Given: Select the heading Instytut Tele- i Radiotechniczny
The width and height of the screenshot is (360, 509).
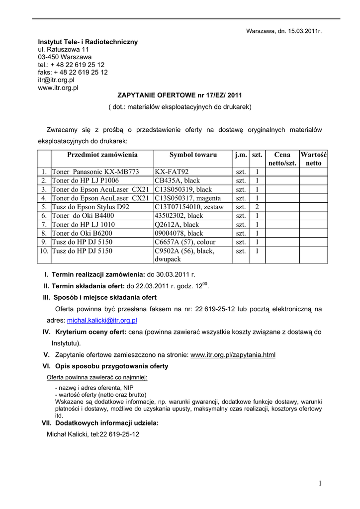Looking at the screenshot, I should pos(88,42).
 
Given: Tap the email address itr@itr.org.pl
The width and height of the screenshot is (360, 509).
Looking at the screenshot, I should pos(56,80).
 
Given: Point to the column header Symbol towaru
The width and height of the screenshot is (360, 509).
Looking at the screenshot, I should pos(193,155).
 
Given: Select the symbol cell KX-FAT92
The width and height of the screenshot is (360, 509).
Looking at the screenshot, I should pos(172,171).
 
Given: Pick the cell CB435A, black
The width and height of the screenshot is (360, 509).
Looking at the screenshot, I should pos(177,180).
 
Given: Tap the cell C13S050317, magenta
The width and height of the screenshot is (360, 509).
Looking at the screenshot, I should pos(184,198).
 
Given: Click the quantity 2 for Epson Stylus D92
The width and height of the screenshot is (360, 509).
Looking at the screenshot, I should pos(257,206).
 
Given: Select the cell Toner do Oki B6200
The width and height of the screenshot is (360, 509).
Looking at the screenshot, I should pos(82,233).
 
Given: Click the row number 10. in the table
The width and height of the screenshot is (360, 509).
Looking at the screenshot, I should pos(44,251).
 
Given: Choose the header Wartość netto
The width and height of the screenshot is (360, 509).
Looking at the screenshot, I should pos(313,159).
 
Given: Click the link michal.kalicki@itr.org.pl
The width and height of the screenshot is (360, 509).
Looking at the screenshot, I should pos(102,321).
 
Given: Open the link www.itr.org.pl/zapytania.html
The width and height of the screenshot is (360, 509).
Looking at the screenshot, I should pos(233,355).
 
